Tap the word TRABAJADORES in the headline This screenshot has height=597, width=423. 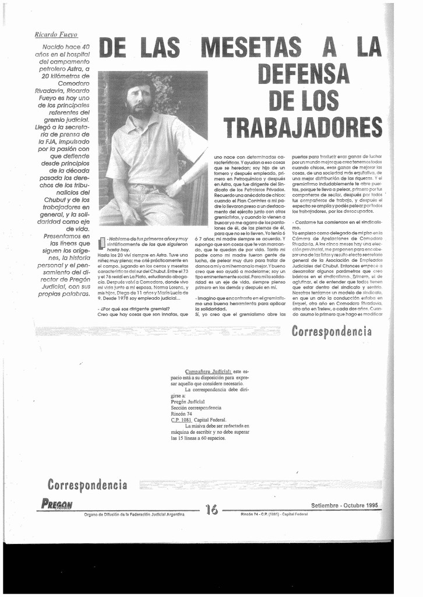tap(303, 127)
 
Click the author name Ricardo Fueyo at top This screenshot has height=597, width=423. tap(57, 35)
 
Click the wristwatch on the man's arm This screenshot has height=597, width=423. tap(182, 182)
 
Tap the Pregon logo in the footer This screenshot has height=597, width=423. tap(57, 505)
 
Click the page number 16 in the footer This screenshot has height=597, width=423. tap(211, 510)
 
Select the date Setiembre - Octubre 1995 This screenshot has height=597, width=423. tap(344, 505)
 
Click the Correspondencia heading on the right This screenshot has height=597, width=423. tap(331, 332)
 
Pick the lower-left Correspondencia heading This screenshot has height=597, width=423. tap(87, 484)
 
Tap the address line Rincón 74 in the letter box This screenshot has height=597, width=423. tap(182, 413)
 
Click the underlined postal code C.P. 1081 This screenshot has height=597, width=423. tap(181, 420)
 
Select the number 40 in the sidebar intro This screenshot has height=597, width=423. tap(85, 46)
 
